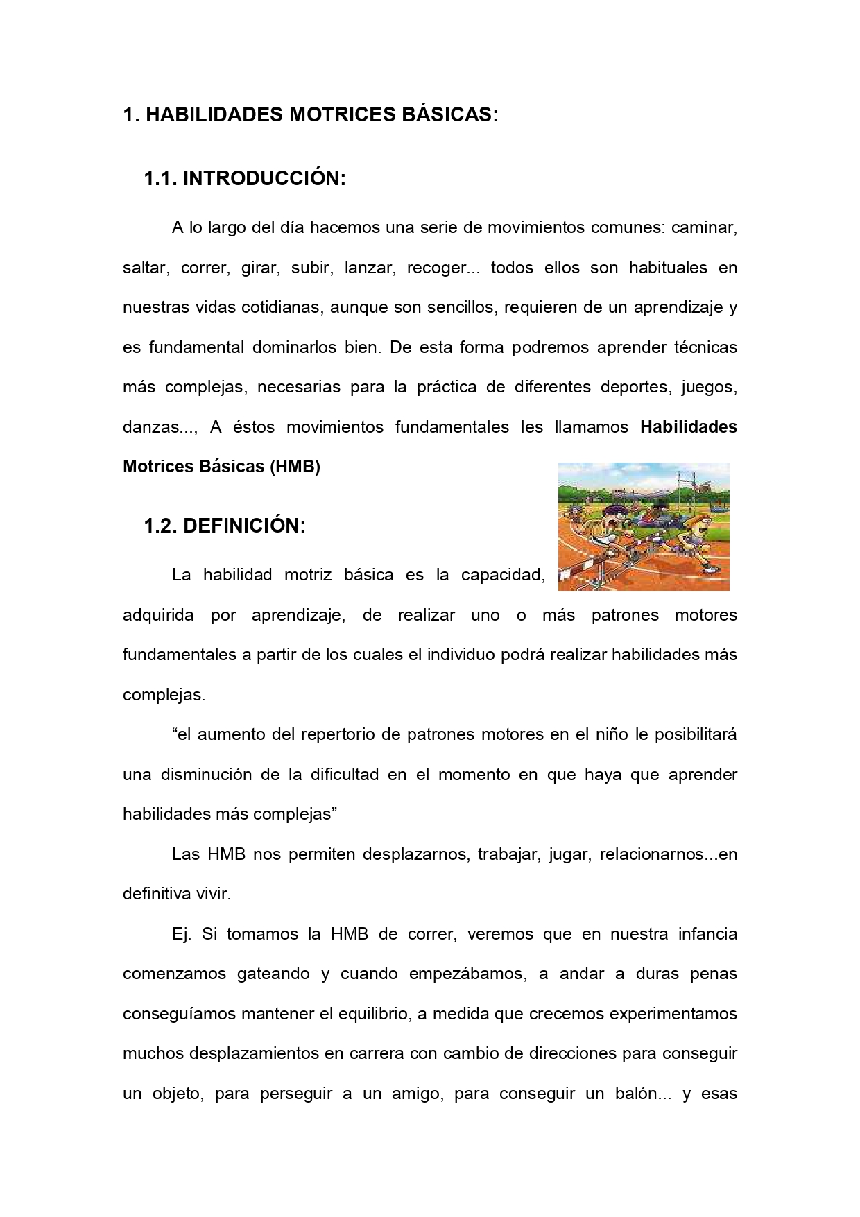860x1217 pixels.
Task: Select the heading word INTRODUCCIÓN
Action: coord(264,179)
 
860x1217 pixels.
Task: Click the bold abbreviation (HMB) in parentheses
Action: coord(295,467)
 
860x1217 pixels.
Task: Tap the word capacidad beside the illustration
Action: coord(503,575)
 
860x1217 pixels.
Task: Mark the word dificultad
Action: coord(345,775)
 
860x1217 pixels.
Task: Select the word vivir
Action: coord(213,894)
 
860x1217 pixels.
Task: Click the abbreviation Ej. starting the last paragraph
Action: coord(181,934)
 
